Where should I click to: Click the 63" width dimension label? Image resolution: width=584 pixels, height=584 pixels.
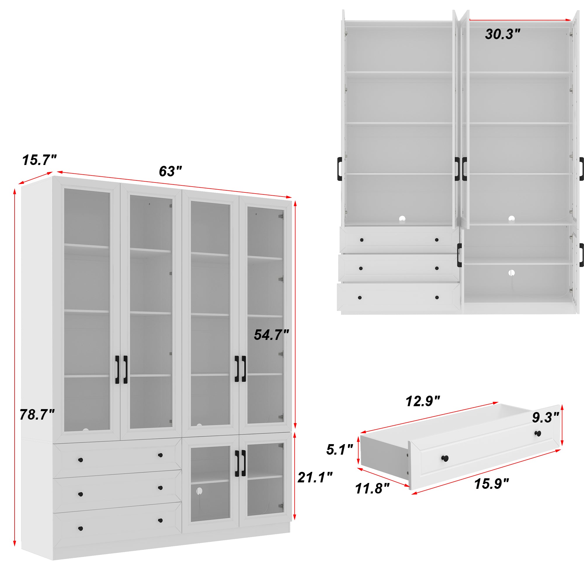point(171,171)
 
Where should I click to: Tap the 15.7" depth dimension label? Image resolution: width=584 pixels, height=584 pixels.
point(39,160)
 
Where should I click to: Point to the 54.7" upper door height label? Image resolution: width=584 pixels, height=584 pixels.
point(271,335)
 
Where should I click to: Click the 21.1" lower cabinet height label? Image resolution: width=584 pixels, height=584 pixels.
point(315,477)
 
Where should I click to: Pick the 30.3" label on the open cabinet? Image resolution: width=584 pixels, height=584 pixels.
point(503,34)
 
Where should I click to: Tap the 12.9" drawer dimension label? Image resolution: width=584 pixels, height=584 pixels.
point(422,401)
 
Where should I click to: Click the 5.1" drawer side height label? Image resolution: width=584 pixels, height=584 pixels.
point(340,449)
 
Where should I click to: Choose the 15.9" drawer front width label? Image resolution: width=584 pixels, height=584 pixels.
point(491,484)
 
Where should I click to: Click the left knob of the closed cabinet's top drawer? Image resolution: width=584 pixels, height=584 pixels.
point(80,460)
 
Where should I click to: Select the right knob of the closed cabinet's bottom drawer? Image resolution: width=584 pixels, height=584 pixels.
point(161,520)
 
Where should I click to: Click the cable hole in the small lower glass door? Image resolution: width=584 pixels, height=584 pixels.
point(199,491)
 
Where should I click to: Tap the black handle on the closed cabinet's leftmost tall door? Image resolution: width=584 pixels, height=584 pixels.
point(117,370)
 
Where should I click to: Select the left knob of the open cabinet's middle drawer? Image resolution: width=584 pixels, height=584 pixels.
point(361,268)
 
